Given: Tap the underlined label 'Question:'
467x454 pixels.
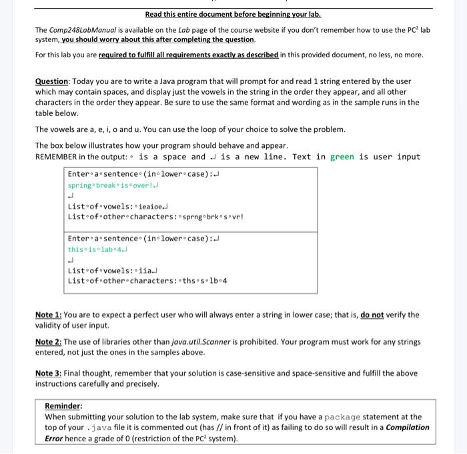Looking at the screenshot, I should [x=53, y=81].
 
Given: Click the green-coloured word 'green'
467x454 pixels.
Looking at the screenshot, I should [x=342, y=157].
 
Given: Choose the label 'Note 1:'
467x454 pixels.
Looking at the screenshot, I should [x=48, y=315].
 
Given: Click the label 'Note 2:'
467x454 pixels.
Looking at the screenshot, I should [x=48, y=341].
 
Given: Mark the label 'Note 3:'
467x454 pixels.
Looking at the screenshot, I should [x=48, y=373].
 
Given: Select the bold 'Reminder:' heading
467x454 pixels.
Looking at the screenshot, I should [x=63, y=406].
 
